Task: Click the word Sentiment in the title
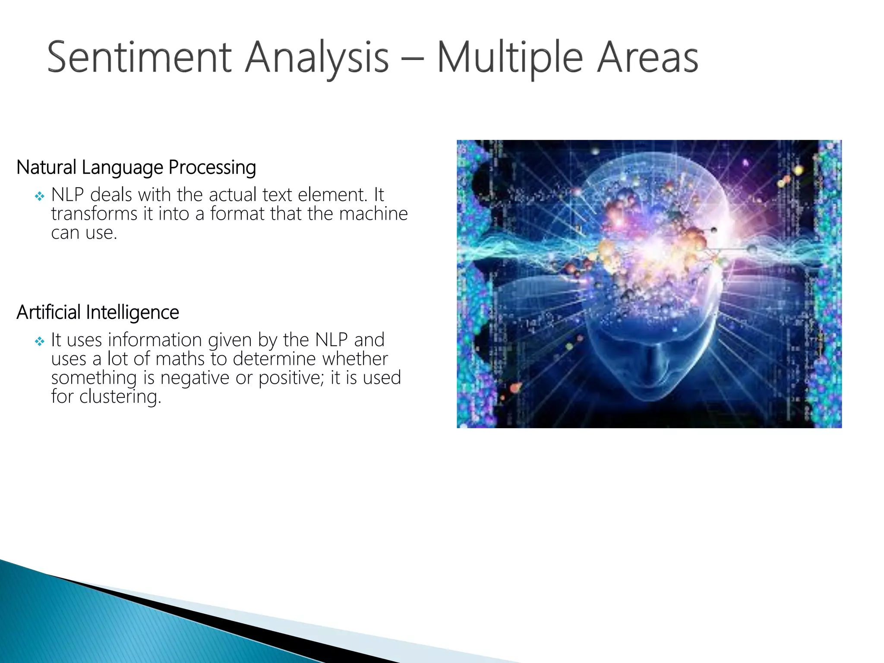coord(139,57)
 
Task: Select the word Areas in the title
coord(647,57)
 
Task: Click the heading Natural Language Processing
coord(136,167)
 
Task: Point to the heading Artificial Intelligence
coord(98,313)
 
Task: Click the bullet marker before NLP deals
coord(40,197)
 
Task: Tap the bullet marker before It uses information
coord(40,342)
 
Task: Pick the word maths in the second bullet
coord(180,359)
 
